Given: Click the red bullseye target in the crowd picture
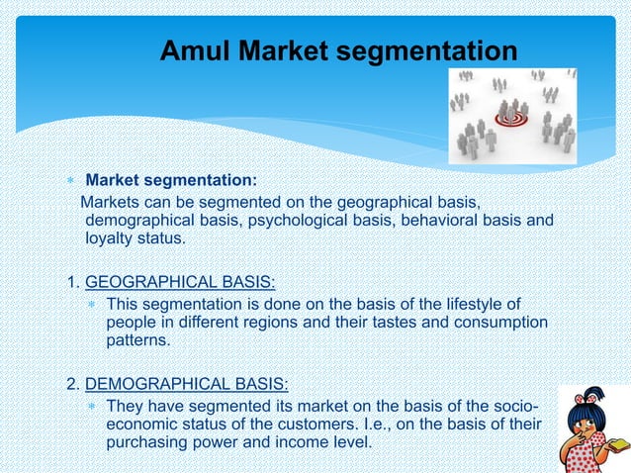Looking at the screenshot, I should (513, 120).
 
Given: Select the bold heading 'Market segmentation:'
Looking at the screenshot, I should (171, 180).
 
